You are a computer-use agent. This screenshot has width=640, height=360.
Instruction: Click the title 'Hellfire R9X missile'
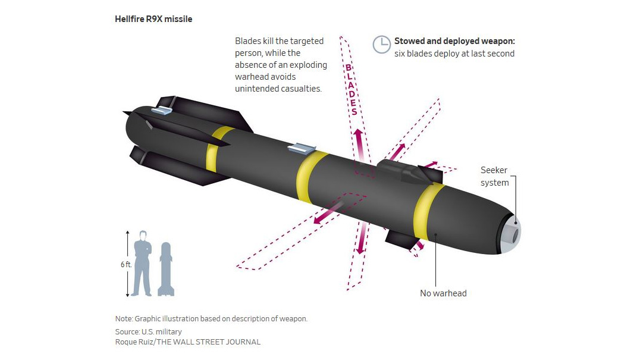(153, 19)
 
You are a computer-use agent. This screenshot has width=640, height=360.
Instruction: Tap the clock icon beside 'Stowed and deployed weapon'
(382, 45)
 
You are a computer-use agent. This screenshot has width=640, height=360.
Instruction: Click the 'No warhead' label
(443, 293)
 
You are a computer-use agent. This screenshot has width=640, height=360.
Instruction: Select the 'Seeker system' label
(494, 176)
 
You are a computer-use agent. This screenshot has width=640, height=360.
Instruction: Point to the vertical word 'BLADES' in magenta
(352, 89)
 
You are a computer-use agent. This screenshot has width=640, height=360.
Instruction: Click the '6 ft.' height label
(126, 264)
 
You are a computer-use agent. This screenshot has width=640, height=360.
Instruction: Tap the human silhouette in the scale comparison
(143, 263)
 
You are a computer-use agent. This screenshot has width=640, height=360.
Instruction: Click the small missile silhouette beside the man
(166, 269)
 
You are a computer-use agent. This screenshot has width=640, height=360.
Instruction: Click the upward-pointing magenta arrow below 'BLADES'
(360, 145)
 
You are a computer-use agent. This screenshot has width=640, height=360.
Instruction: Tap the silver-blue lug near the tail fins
(163, 109)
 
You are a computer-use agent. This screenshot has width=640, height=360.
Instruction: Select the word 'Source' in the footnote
(127, 331)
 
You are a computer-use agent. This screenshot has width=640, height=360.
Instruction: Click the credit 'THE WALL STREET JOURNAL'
(209, 342)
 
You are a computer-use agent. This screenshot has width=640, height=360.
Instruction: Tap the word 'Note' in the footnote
(123, 319)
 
